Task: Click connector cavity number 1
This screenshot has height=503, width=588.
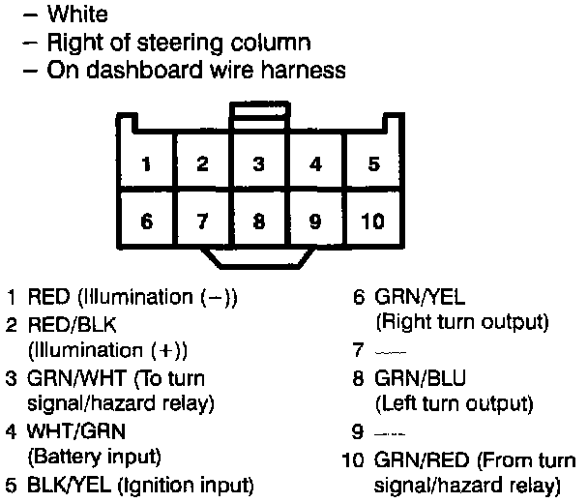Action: pos(146,163)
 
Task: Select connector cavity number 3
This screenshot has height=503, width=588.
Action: pos(259,163)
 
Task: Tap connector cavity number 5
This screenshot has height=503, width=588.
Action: pos(373,163)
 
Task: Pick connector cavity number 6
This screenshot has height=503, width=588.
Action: pos(146,221)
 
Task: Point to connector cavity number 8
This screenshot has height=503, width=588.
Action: pos(259,221)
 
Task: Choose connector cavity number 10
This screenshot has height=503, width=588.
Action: pos(373,221)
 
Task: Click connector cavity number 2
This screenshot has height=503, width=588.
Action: pos(202,163)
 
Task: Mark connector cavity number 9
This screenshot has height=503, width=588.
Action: pos(315,221)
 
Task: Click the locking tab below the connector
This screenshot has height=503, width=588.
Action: pos(258,259)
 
